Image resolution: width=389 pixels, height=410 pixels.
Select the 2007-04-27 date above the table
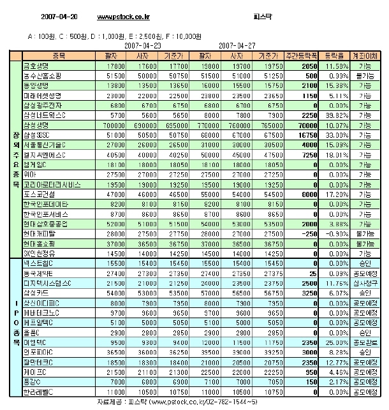[237, 46]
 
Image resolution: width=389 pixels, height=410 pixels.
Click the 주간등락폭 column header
[302, 56]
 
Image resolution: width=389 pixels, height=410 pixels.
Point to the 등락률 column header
[335, 56]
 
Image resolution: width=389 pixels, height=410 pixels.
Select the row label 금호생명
[37, 66]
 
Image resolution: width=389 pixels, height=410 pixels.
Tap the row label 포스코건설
[41, 193]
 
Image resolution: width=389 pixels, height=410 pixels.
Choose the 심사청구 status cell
[367, 282]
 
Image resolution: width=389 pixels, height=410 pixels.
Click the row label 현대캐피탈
[39, 233]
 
